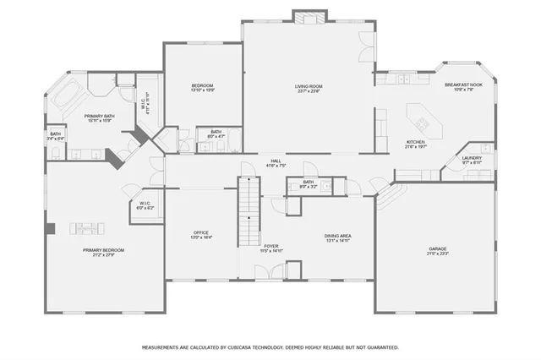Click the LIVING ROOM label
coord(309,86)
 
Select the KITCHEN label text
coord(416,142)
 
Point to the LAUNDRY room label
coord(472,158)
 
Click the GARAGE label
coord(437,248)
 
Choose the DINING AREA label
coord(338,236)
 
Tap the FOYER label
coord(272,247)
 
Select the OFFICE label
coord(201,233)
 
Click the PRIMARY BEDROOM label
coord(103,250)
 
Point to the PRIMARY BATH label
coord(99,116)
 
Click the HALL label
coord(276,160)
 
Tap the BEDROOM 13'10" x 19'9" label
coord(202,86)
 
